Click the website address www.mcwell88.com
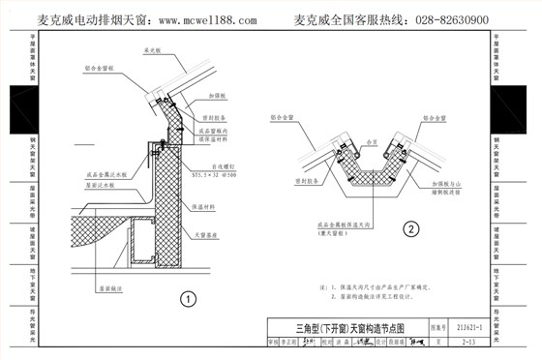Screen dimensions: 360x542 coord(207,20)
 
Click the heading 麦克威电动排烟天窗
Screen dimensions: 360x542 coord(91,20)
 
